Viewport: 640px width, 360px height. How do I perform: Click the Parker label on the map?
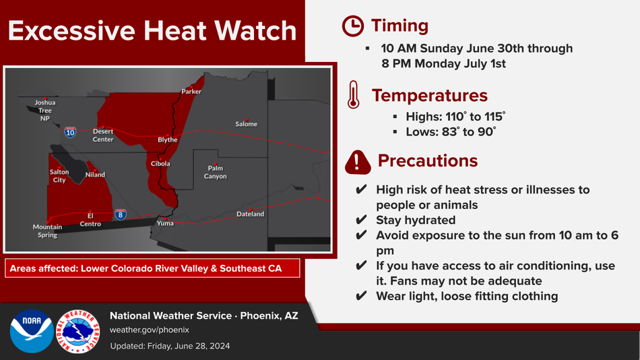(191, 92)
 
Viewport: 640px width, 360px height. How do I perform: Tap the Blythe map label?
(168, 140)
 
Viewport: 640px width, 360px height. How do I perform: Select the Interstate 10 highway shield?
(70, 132)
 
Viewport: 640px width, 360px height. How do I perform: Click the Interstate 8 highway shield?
(121, 214)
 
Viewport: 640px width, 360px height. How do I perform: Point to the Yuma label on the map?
(165, 223)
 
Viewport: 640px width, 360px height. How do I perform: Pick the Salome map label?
(246, 124)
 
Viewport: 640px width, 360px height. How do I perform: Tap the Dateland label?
(250, 214)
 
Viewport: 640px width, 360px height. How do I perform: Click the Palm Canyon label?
(215, 172)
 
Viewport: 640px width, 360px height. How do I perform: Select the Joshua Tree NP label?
(45, 111)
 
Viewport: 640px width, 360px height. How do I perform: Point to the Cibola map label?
(160, 163)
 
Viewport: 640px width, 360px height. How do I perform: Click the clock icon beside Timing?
(352, 26)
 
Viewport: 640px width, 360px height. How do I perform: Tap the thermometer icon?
(354, 94)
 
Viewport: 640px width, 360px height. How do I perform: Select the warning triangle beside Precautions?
(358, 162)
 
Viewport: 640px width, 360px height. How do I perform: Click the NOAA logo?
(32, 331)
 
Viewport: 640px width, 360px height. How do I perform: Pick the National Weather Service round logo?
(77, 331)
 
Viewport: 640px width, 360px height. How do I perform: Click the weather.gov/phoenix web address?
(150, 330)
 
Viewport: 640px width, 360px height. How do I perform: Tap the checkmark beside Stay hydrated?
(361, 220)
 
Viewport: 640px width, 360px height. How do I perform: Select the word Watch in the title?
(255, 30)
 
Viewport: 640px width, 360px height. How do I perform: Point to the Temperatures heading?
(430, 96)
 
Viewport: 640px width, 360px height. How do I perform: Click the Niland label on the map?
(95, 175)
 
